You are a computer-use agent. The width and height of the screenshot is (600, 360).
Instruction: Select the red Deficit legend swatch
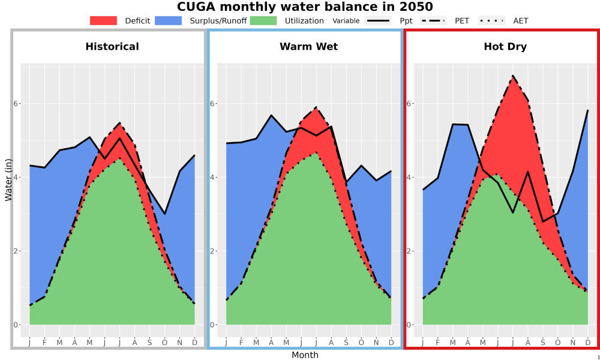pos(103,20)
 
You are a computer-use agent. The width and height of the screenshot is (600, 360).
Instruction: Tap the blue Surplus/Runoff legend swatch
pos(169,20)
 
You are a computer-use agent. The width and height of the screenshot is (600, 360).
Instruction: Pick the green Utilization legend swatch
pos(263,20)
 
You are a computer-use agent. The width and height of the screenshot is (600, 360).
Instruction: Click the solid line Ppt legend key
pos(378,20)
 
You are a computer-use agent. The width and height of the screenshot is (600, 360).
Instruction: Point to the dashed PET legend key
pos(433,20)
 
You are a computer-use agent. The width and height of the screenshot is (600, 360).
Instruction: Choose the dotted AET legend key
pos(491,20)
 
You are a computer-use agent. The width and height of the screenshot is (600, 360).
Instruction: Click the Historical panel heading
pos(112,47)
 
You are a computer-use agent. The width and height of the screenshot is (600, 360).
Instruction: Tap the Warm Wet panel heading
pos(309,47)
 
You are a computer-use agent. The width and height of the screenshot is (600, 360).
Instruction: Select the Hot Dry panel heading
pos(505,47)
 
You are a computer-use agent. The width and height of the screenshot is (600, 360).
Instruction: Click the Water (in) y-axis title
pos(8,179)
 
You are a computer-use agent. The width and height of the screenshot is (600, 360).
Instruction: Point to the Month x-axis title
pos(305,355)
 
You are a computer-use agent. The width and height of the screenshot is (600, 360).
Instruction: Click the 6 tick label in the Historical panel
pos(16,104)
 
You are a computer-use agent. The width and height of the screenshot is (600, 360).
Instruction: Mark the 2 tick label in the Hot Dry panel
pos(409,251)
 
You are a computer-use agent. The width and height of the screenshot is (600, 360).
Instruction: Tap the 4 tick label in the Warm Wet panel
pos(212,178)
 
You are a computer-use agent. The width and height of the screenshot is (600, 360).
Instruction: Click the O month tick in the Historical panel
pos(164,343)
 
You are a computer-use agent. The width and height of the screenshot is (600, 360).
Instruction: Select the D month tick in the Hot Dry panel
pos(588,343)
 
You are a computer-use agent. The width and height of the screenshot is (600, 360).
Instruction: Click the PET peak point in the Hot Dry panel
pos(513,76)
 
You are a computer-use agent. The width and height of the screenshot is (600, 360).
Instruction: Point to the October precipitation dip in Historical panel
pos(164,214)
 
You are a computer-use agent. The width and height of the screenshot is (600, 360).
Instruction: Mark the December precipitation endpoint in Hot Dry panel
pos(588,110)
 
